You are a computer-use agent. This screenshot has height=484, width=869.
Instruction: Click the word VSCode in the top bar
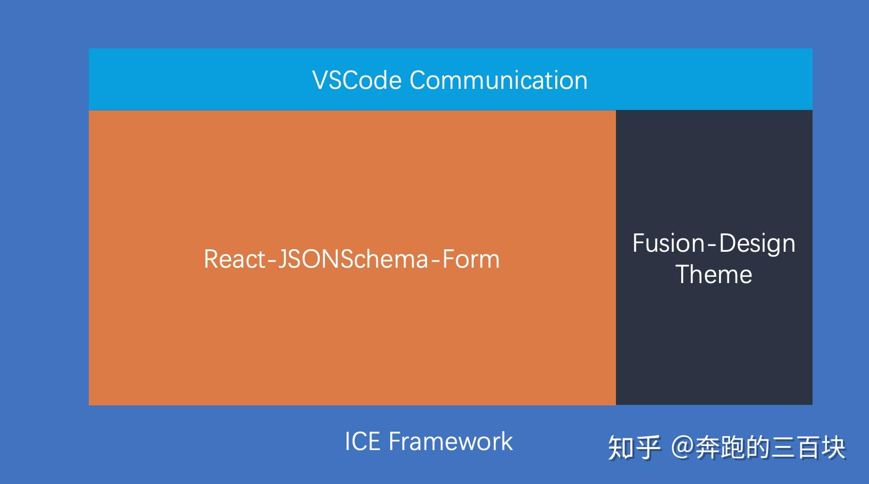(x=357, y=81)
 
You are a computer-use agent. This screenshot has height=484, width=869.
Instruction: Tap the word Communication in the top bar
(x=498, y=81)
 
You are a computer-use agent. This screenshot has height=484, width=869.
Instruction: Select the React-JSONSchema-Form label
(x=352, y=259)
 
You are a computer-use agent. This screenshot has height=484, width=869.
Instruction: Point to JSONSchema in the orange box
(x=353, y=259)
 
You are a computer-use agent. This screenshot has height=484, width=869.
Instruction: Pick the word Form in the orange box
(x=471, y=259)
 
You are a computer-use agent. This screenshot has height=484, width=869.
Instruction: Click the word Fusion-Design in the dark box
(x=713, y=244)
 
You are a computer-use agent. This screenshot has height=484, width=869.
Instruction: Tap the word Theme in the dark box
(x=713, y=274)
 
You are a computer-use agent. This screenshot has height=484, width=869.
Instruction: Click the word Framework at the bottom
(x=451, y=441)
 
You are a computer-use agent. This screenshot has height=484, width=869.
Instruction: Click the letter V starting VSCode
(x=319, y=81)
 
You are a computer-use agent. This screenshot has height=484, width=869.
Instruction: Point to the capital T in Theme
(x=683, y=274)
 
